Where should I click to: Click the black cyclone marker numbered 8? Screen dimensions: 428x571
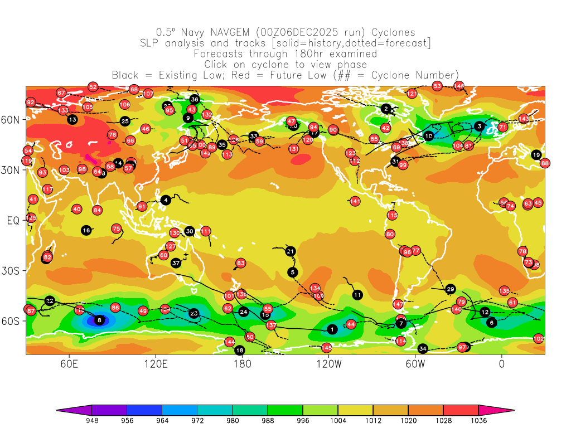pyautogui.click(x=99, y=320)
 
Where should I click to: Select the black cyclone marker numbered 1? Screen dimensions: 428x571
pyautogui.click(x=332, y=329)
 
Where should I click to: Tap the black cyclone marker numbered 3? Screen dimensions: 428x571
pyautogui.click(x=479, y=127)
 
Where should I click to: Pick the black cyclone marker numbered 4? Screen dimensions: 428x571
pyautogui.click(x=166, y=200)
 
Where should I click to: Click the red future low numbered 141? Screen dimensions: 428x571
pyautogui.click(x=355, y=201)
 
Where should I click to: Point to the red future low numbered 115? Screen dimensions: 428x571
pyautogui.click(x=392, y=215)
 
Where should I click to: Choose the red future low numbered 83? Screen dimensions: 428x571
pyautogui.click(x=240, y=263)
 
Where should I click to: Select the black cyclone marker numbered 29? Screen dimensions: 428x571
pyautogui.click(x=451, y=289)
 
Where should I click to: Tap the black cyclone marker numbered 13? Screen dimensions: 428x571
pyautogui.click(x=72, y=119)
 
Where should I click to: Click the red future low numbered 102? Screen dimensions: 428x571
pyautogui.click(x=538, y=339)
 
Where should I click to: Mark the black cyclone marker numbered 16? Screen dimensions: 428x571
pyautogui.click(x=86, y=230)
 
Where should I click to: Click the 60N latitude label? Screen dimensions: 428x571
pyautogui.click(x=13, y=120)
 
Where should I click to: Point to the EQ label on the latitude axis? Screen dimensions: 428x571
pyautogui.click(x=13, y=221)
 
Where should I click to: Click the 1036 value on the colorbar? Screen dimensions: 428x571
pyautogui.click(x=478, y=421)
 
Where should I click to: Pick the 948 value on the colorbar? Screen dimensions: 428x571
pyautogui.click(x=91, y=421)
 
